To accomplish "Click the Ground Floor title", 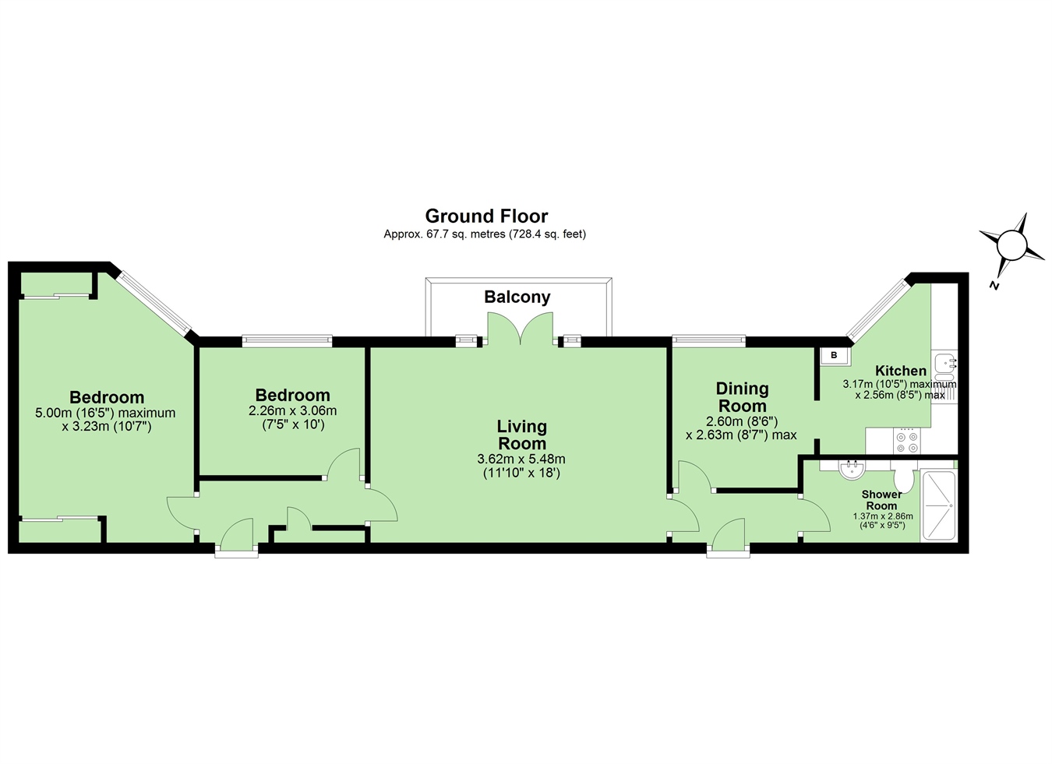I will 486,216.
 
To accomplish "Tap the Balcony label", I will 517,297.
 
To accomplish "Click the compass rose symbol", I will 1011,246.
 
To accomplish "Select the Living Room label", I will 522,435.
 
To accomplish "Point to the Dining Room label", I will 742,396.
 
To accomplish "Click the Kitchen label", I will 900,371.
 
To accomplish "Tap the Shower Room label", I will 881,500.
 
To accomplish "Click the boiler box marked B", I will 833,355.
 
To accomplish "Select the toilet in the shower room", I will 903,477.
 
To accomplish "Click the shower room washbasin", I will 851,468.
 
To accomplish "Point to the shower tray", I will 937,505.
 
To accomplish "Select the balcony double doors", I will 521,328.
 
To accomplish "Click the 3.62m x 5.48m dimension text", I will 521,459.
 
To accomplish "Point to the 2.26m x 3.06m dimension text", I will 293,410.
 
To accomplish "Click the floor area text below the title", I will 485,234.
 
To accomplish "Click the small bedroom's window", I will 287,340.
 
